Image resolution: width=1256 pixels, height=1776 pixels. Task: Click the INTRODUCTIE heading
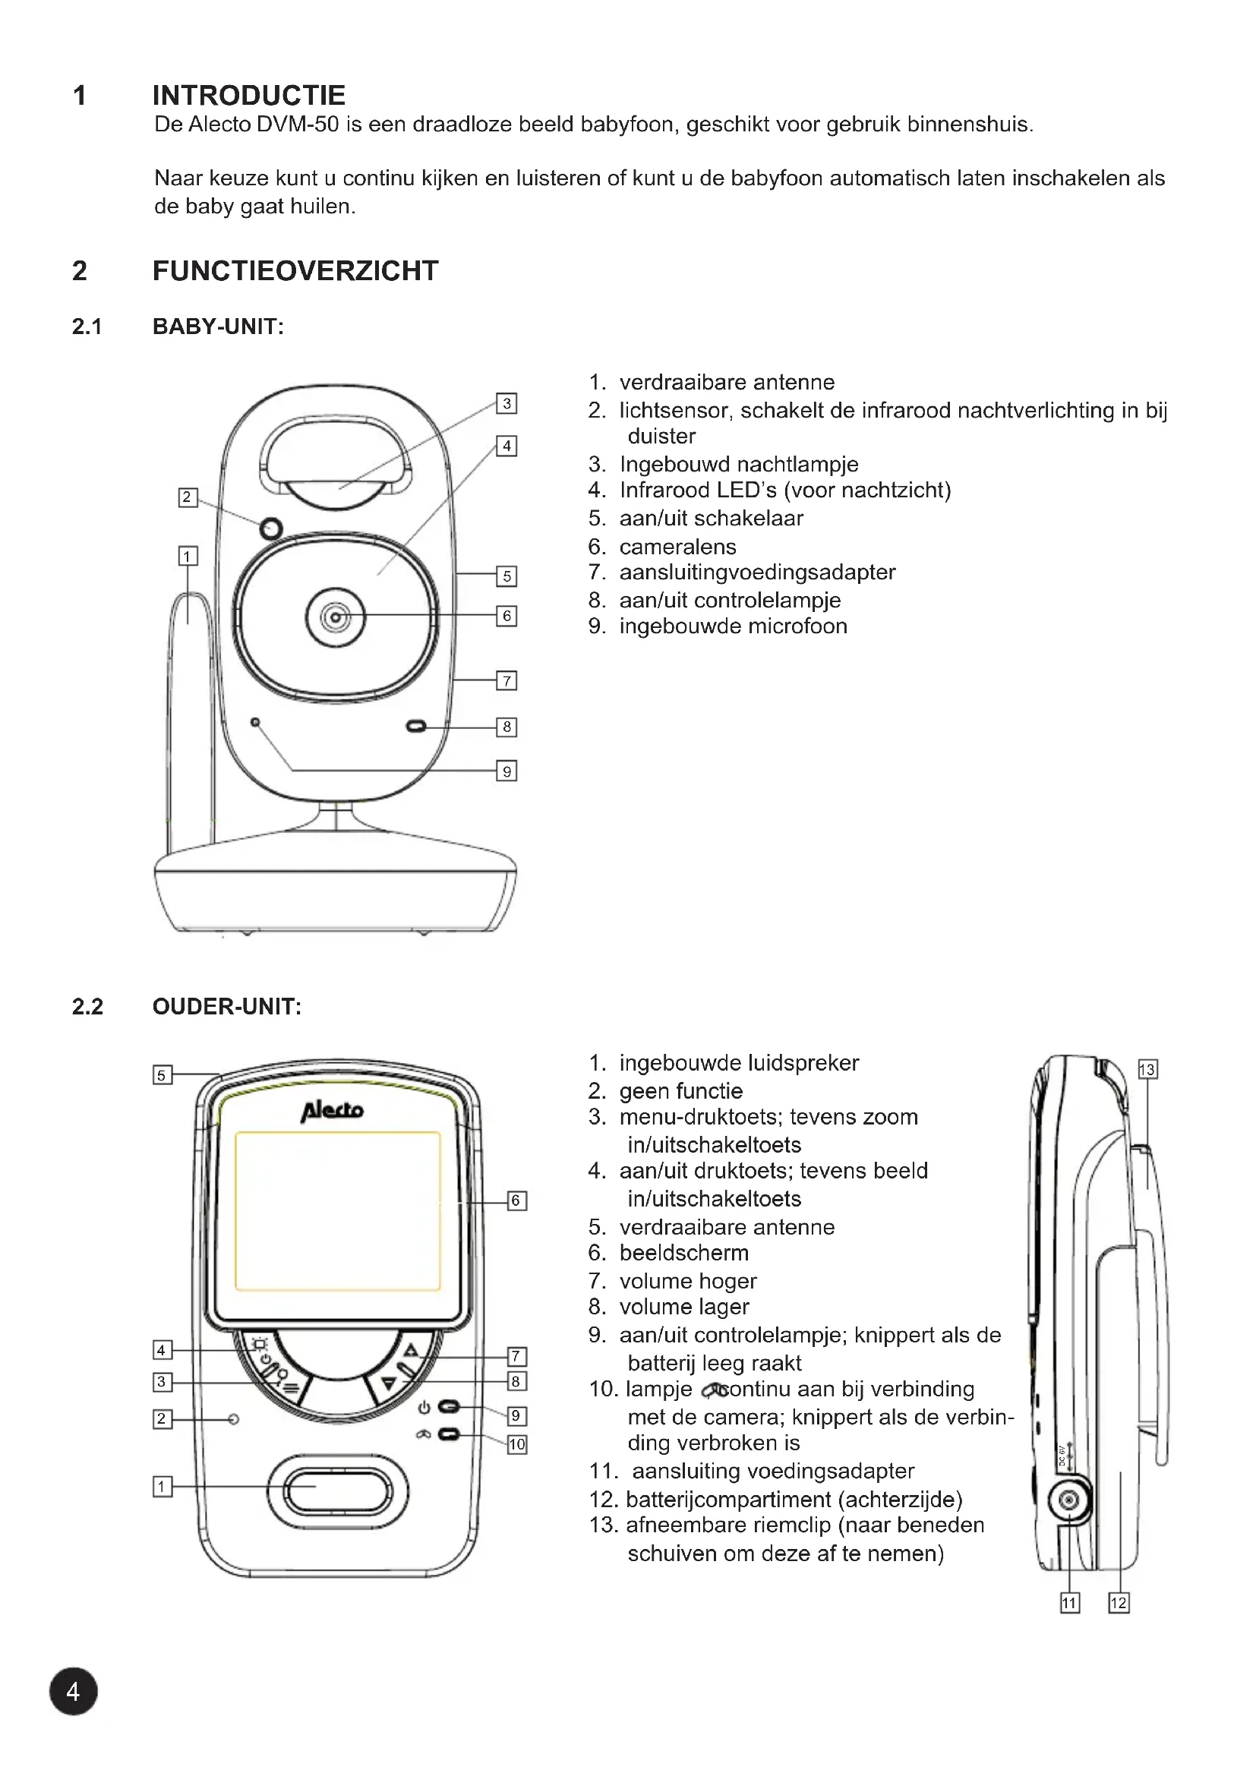(x=248, y=95)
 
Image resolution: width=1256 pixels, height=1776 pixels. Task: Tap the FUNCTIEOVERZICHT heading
(x=295, y=271)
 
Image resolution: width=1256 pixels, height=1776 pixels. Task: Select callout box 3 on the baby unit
(x=507, y=403)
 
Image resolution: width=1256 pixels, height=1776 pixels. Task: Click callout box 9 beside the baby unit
(x=507, y=771)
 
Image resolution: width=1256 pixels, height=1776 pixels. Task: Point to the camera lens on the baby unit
(x=336, y=617)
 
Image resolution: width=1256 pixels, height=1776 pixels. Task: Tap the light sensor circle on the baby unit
(x=270, y=529)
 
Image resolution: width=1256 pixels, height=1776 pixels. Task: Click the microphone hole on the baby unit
(x=255, y=722)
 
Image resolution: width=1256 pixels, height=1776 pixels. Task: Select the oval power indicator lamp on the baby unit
(x=416, y=727)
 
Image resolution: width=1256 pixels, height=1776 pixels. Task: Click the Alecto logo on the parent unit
(x=333, y=1111)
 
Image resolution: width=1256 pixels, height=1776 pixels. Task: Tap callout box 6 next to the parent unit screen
(x=516, y=1200)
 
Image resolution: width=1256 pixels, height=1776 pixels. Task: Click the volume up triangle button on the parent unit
(x=411, y=1351)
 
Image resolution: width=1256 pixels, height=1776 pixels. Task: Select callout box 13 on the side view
(x=1147, y=1070)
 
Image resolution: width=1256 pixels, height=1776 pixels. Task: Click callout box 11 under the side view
(x=1070, y=1604)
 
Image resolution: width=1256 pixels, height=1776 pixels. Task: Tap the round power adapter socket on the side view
(x=1070, y=1500)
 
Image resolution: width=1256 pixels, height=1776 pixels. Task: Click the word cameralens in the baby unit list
(x=677, y=547)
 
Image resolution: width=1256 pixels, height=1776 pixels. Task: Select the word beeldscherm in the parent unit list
(x=683, y=1252)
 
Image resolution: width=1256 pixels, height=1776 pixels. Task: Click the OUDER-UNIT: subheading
(x=226, y=1006)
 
